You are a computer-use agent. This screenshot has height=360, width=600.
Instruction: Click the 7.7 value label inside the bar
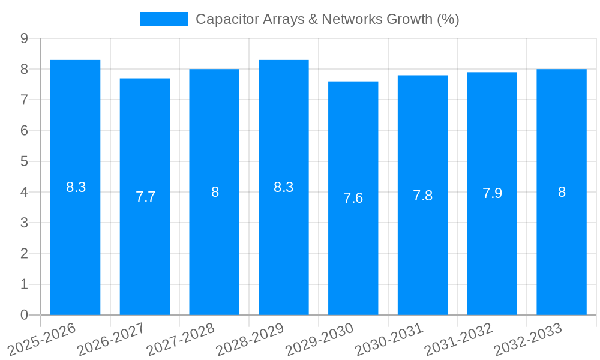click(145, 197)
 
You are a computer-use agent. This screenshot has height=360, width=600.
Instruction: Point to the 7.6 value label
click(353, 198)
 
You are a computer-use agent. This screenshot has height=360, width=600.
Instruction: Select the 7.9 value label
click(492, 193)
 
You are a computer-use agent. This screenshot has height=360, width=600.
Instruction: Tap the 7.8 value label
click(422, 196)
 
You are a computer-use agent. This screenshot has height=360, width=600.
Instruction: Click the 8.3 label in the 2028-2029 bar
click(283, 187)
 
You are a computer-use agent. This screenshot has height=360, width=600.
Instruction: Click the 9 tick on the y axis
click(24, 38)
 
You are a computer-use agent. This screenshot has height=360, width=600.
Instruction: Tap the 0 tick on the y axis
click(24, 315)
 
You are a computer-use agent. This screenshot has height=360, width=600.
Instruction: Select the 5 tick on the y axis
click(24, 161)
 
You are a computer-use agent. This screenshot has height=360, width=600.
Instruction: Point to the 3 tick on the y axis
click(24, 223)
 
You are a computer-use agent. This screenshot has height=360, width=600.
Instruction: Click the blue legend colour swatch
click(164, 19)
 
